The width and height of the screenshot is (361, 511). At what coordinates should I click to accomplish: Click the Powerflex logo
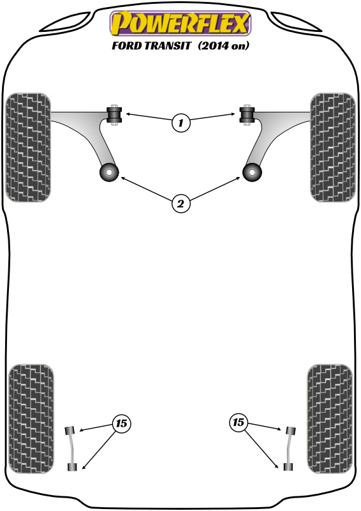(x=180, y=23)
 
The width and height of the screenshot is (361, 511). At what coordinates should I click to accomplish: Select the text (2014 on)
(x=223, y=45)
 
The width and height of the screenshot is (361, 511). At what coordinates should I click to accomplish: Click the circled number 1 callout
(x=180, y=123)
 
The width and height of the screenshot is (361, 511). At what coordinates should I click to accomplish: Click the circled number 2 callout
(x=180, y=204)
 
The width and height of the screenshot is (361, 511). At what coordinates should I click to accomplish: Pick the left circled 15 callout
(x=121, y=423)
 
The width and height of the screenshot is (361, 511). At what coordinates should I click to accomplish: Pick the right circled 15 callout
(x=239, y=423)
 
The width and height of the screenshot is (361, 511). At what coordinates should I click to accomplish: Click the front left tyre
(x=28, y=148)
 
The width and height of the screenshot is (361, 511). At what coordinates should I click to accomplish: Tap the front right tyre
(x=333, y=148)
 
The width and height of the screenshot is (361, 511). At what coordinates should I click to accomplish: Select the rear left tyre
(x=31, y=419)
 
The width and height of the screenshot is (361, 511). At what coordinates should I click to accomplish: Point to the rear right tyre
(x=330, y=419)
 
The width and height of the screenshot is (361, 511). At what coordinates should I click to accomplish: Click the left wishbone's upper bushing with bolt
(x=114, y=115)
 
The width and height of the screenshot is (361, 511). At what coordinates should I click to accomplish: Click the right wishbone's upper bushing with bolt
(x=247, y=115)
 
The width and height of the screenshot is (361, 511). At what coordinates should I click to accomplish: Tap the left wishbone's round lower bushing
(x=109, y=172)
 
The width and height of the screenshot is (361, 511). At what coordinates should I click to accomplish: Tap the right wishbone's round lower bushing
(x=253, y=172)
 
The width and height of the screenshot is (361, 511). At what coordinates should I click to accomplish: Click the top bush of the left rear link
(x=70, y=431)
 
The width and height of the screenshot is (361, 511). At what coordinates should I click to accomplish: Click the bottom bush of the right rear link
(x=288, y=467)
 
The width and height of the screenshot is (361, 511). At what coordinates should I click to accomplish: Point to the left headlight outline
(x=65, y=22)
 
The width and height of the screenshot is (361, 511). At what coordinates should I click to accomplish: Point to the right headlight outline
(x=296, y=22)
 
